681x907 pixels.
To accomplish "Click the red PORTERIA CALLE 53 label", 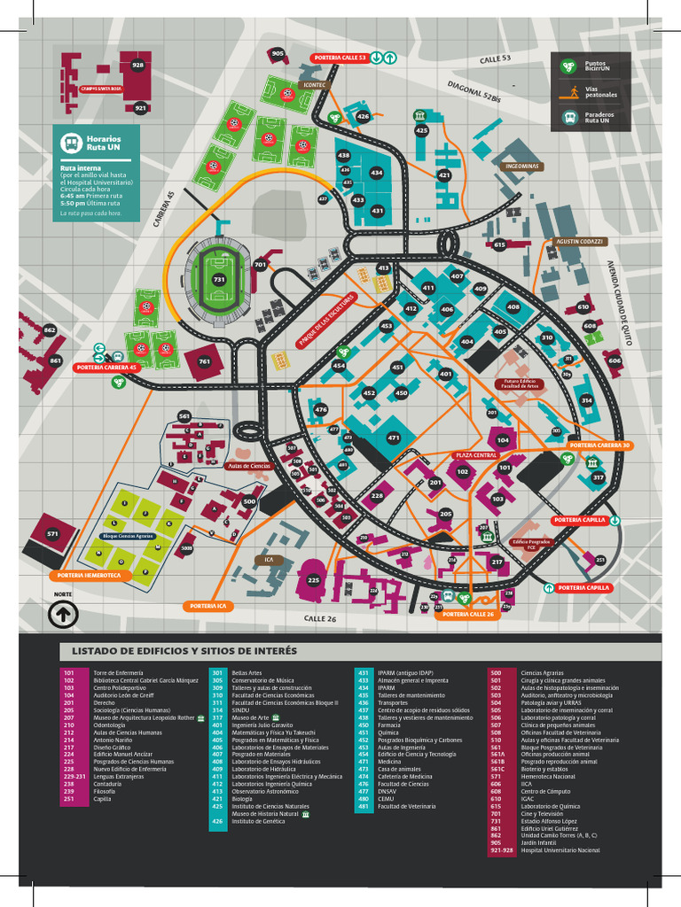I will [x=339, y=58].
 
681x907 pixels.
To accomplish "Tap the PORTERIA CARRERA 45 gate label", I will [x=107, y=367].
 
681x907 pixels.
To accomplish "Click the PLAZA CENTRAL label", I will [x=476, y=454].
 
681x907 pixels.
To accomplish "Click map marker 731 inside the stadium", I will [x=219, y=280].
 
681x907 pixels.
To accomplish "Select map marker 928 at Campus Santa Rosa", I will [x=137, y=65].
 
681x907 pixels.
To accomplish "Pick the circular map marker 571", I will [x=52, y=534].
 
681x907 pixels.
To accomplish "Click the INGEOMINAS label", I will [x=522, y=167].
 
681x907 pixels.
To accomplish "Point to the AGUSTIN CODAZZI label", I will [x=579, y=241].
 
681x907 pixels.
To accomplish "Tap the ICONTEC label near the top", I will [x=315, y=85].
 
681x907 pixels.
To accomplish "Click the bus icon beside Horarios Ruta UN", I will [x=70, y=143].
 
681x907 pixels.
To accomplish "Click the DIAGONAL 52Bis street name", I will [x=474, y=93].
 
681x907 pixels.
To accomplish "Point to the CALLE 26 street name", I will [x=320, y=618].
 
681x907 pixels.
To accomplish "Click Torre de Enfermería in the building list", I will [x=117, y=673].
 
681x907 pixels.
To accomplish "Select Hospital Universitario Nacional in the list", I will [x=560, y=850].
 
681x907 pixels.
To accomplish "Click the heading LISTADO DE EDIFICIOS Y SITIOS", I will [x=184, y=652].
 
